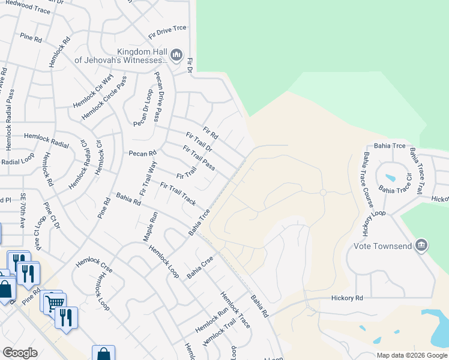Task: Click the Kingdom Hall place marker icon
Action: [176, 56]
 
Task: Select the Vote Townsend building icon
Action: [421, 245]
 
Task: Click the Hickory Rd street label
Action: [348, 298]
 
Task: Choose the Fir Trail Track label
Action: [178, 194]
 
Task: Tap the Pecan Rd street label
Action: [142, 154]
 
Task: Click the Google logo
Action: [20, 353]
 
